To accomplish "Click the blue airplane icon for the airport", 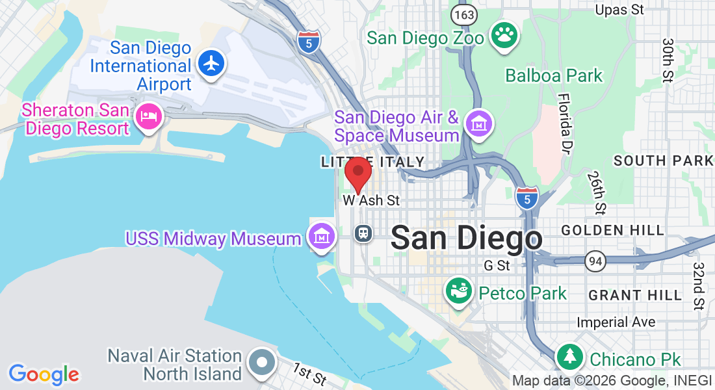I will coord(211,63).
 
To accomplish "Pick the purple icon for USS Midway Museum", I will coord(321,236).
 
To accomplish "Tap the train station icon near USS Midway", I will coord(363,233).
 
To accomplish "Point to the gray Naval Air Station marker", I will coord(263,365).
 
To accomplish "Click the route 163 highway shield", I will coord(465,14).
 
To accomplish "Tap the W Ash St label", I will coord(371,201).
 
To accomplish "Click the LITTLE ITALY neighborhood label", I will coord(372,162).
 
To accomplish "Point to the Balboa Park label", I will coord(554,75).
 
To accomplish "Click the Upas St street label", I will coord(619,10).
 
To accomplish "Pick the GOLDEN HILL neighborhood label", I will coord(612,230).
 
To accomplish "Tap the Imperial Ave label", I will coord(616,322).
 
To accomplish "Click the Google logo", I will coord(44,374).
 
